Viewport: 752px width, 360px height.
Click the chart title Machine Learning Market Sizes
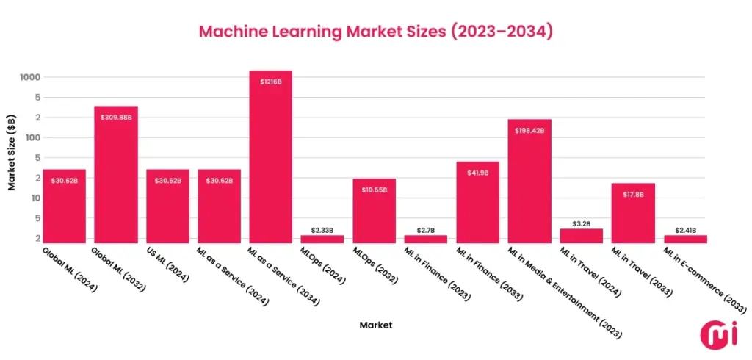(x=375, y=32)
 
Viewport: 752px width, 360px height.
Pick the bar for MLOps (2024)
(x=322, y=239)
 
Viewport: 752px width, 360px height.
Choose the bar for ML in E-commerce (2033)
(x=685, y=239)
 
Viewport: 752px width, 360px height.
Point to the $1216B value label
(x=271, y=82)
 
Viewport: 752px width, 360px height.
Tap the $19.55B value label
(x=375, y=190)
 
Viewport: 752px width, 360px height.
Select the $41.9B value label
(x=477, y=173)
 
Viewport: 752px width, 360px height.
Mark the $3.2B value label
(x=581, y=223)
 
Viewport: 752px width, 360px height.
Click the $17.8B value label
(x=633, y=195)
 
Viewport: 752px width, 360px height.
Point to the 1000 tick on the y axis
(x=30, y=77)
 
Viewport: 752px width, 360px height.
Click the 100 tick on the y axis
(x=33, y=137)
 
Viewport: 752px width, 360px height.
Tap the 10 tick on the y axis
(x=35, y=198)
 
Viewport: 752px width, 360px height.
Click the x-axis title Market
(x=375, y=324)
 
